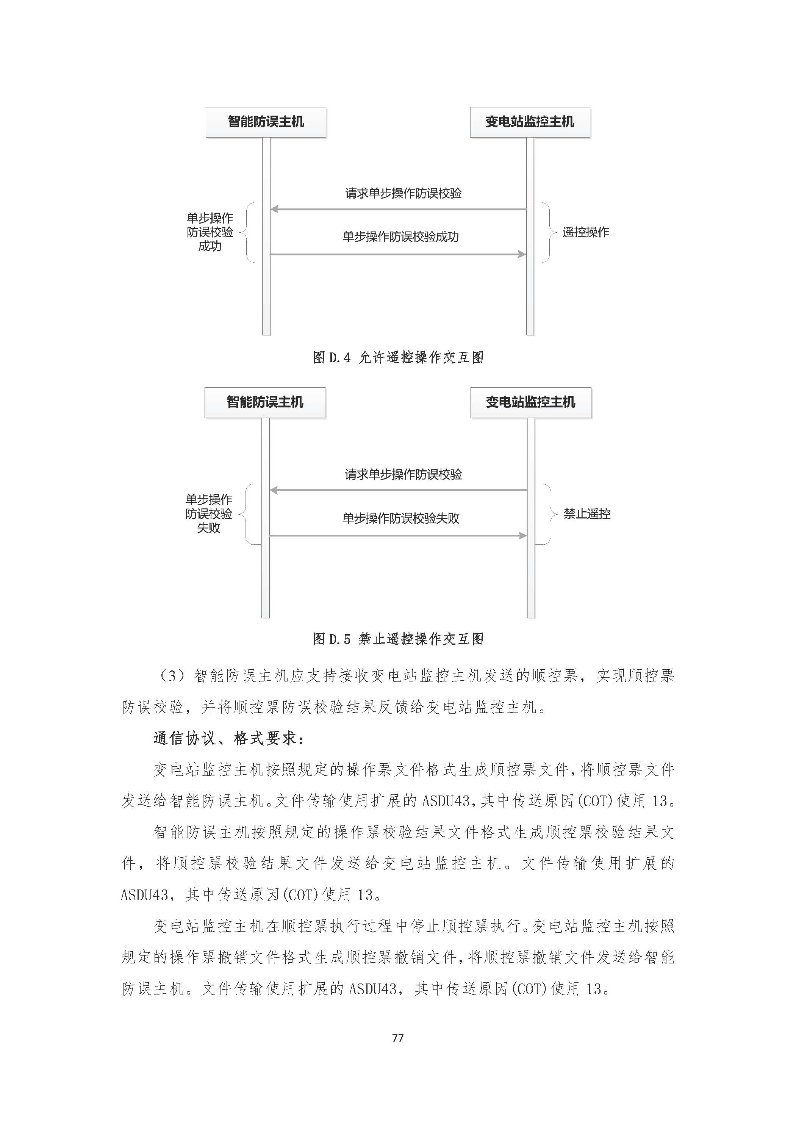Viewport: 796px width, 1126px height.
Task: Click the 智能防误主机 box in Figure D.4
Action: [x=266, y=122]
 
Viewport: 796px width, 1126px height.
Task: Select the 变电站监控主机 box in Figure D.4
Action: [x=530, y=122]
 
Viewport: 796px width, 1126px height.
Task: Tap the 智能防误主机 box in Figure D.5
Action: [x=265, y=402]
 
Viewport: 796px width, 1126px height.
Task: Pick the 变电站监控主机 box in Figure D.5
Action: [x=531, y=402]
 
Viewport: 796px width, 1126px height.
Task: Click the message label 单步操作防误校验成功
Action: [x=400, y=237]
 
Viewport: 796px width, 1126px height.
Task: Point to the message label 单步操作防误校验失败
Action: [x=401, y=518]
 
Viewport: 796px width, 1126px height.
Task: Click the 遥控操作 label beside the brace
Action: [x=586, y=232]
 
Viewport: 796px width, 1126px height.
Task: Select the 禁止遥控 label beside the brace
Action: [x=587, y=514]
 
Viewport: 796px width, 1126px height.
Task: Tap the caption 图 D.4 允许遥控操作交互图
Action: [x=398, y=357]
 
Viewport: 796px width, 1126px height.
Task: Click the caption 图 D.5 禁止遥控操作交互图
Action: [x=398, y=639]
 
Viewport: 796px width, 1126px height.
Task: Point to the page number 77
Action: [x=398, y=1038]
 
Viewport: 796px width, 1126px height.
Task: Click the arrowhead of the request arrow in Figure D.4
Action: [x=274, y=210]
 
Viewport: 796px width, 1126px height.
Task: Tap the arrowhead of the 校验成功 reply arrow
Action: [x=522, y=254]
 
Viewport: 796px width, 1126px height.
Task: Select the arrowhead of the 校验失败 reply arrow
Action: [x=523, y=536]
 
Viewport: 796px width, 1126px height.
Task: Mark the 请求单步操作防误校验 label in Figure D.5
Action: [x=403, y=474]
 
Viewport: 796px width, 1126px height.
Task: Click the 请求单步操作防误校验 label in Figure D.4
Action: [x=403, y=193]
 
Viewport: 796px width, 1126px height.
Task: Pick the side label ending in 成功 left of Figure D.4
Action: [x=210, y=232]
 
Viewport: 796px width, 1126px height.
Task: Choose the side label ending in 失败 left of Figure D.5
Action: [x=209, y=514]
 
